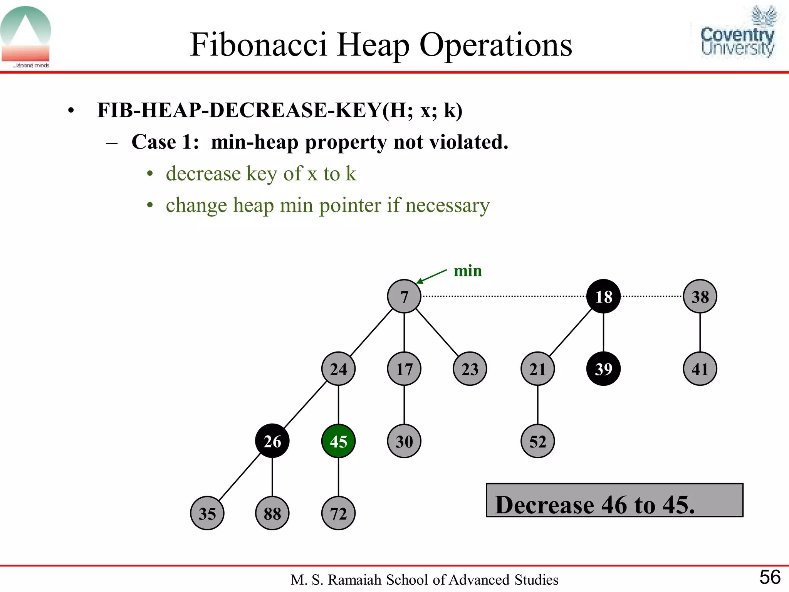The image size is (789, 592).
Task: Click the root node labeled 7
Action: coord(404,296)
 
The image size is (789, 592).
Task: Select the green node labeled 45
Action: coord(338,441)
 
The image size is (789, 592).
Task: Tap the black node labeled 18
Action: coord(603,296)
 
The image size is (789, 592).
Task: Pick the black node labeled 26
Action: coord(272,441)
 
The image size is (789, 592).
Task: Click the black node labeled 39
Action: coord(603,369)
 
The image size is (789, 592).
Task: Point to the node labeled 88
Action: coord(272,513)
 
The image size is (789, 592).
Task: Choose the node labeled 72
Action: coord(338,513)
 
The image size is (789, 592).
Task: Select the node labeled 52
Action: coord(537,441)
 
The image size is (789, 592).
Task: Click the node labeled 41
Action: coord(700,369)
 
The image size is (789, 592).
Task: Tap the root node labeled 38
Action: coord(700,296)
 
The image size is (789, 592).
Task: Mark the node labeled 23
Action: coord(470,369)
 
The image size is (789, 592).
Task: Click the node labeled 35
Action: coord(207,513)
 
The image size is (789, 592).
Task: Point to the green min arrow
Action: coord(431,276)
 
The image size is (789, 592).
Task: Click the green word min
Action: coord(468,271)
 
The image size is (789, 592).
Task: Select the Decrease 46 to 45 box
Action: coord(614,500)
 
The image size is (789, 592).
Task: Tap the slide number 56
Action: coord(769,577)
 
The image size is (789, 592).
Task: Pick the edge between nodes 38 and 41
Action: coord(700,332)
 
